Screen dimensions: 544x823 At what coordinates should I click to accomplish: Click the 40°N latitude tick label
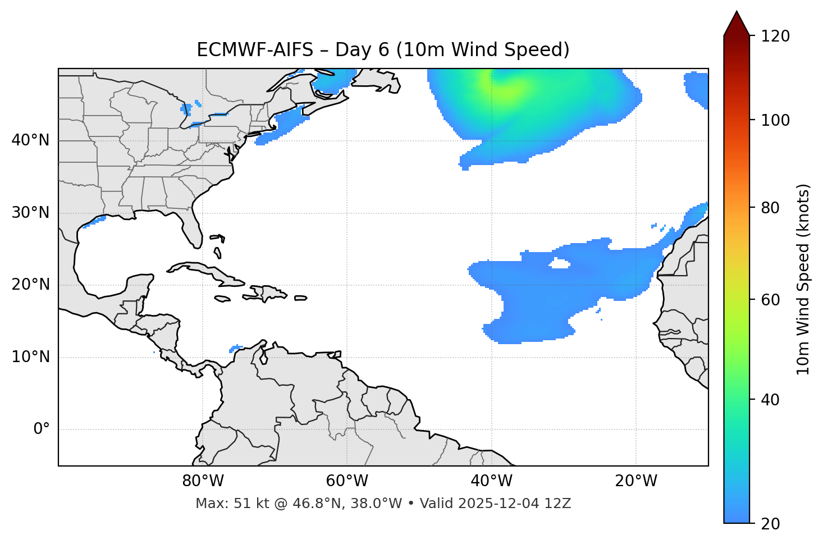pyautogui.click(x=30, y=140)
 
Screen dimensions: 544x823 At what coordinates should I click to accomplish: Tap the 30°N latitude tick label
pyautogui.click(x=30, y=213)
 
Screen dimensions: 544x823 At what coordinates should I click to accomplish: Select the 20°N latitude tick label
pyautogui.click(x=30, y=285)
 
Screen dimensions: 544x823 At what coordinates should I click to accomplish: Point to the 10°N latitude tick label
pyautogui.click(x=30, y=357)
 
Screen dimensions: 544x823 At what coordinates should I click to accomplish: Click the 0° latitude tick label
pyautogui.click(x=42, y=429)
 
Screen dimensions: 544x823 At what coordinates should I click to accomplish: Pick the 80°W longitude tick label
pyautogui.click(x=203, y=481)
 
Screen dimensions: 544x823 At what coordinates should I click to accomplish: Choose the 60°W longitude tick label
pyautogui.click(x=347, y=481)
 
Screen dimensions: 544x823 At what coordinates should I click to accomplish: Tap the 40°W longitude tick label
pyautogui.click(x=491, y=481)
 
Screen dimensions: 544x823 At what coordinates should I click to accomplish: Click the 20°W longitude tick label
pyautogui.click(x=636, y=481)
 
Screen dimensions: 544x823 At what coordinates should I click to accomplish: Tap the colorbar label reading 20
pyautogui.click(x=771, y=524)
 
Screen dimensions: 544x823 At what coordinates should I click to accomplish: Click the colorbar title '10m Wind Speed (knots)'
pyautogui.click(x=803, y=279)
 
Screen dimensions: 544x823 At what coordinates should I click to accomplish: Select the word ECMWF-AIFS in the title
pyautogui.click(x=255, y=50)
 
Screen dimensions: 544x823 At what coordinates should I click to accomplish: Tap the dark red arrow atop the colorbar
pyautogui.click(x=737, y=24)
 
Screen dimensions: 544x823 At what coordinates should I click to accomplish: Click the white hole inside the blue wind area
pyautogui.click(x=560, y=263)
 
